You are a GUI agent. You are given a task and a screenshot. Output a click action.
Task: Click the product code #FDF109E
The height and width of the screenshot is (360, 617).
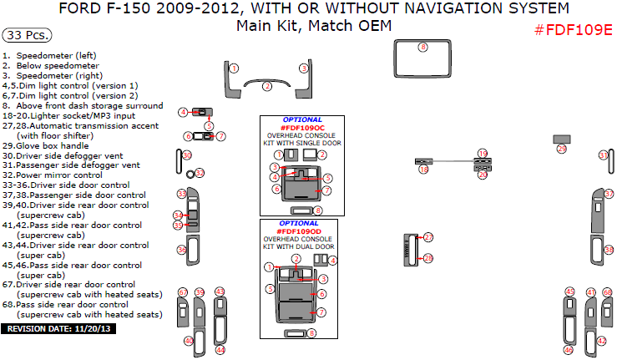point(573,30)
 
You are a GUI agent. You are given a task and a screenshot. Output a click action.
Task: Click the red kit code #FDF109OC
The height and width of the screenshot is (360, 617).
point(301,127)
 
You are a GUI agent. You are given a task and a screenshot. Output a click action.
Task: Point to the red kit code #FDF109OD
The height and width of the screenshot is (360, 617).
point(301,231)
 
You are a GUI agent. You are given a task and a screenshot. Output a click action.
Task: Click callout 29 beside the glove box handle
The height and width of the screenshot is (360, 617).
point(561,149)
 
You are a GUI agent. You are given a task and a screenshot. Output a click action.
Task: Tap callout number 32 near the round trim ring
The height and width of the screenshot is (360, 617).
point(200,173)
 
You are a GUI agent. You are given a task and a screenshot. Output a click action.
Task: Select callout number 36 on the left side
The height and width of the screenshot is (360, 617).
point(181,250)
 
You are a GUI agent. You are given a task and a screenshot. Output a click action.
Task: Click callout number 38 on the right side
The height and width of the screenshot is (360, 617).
point(609,250)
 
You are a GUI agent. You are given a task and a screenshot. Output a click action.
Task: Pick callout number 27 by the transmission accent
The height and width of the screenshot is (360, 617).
point(428,237)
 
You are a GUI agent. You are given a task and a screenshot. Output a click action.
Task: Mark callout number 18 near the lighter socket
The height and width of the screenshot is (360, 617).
point(423,170)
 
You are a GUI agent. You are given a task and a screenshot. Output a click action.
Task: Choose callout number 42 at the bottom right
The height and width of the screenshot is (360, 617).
point(601,341)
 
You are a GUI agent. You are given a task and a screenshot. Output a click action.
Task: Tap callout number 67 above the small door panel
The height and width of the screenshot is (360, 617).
point(182,292)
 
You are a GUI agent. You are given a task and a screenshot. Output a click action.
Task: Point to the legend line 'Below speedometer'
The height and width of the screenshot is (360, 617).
point(57,65)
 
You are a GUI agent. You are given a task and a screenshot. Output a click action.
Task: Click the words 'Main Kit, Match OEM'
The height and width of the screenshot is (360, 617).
point(314,25)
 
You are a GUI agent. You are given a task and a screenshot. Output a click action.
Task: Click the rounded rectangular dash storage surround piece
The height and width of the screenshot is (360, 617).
point(422,60)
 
